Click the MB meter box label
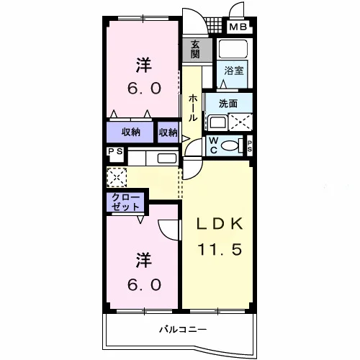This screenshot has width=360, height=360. pos(238,27)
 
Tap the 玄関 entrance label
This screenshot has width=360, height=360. pos(195,50)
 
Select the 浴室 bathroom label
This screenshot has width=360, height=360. pos(234,71)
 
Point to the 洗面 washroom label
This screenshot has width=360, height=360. pos(228,104)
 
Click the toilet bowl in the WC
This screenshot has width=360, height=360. pos(230,145)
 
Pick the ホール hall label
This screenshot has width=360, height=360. pos(193,108)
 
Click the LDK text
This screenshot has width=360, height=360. pos(220,224)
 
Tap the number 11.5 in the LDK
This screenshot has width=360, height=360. pos(220,249)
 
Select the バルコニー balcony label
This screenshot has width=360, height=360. pos(183,329)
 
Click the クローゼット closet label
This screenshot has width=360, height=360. pos(125,202)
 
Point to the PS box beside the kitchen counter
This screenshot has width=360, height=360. pos(115,154)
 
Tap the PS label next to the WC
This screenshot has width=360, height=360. pos(250,146)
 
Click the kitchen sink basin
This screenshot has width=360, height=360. pos(167,158)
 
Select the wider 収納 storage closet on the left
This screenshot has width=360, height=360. pos(130,132)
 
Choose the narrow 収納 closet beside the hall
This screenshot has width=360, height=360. pos(168,132)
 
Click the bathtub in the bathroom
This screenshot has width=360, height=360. pos(233,49)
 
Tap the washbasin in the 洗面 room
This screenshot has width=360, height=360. pos(217,122)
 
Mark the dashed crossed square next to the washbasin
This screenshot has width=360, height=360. pos(240,122)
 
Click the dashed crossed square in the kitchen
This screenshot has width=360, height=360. pos(117,177)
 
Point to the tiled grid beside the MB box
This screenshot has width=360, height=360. pos(215,25)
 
